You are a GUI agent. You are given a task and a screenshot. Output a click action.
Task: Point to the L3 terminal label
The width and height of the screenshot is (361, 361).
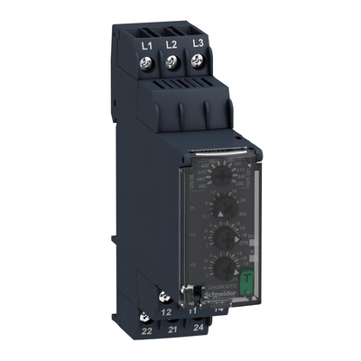195,42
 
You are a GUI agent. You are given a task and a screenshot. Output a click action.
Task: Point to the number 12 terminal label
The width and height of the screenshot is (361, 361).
165,312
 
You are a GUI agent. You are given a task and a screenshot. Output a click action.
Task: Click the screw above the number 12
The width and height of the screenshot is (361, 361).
164,297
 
